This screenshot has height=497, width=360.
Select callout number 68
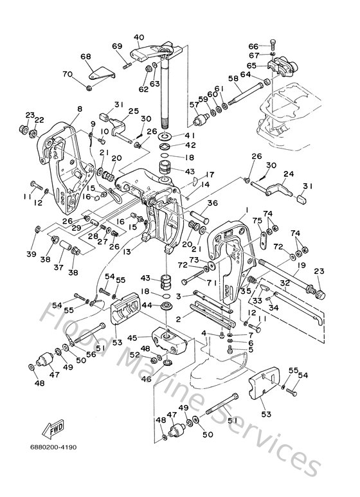tap(85, 57)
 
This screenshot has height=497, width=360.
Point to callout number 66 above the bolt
tap(253, 46)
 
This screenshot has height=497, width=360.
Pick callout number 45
tap(132, 337)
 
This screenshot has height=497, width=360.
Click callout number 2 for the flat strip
tap(179, 320)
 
